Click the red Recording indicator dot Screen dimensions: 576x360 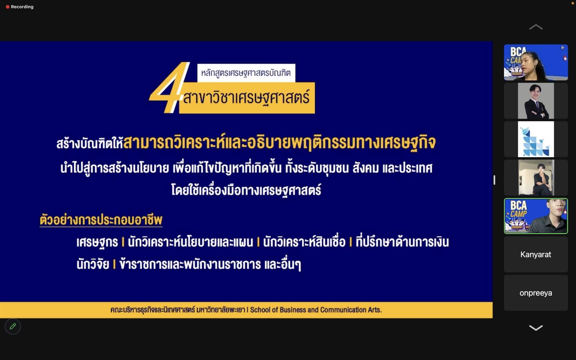pos(8,7)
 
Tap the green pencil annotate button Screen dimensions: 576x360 pos(13,326)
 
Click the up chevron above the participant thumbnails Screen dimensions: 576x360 pos(536,27)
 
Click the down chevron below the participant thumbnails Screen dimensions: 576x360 pos(536,328)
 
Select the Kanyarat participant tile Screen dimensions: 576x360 pos(536,254)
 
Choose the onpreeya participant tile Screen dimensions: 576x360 pos(536,293)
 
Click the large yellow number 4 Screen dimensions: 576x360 pos(169,87)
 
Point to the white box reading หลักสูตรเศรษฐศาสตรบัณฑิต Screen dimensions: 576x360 pos(246,73)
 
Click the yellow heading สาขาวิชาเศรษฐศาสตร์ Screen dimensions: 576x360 pos(247,98)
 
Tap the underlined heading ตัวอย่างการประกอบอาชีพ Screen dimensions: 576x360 pos(101,220)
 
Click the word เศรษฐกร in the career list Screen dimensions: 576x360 pos(97,242)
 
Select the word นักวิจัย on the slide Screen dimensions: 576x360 pos(93,264)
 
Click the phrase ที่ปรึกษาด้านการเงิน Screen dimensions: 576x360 pos(402,242)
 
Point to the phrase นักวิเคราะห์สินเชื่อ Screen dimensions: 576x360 pos(304,242)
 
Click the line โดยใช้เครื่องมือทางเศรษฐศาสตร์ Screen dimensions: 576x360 pos(246,190)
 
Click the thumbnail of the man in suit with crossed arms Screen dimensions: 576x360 pos(536,101)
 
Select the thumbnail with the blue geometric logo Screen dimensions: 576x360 pos(536,139)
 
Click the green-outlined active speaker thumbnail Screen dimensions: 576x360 pos(536,216)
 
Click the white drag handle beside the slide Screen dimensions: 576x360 pos(494,180)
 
